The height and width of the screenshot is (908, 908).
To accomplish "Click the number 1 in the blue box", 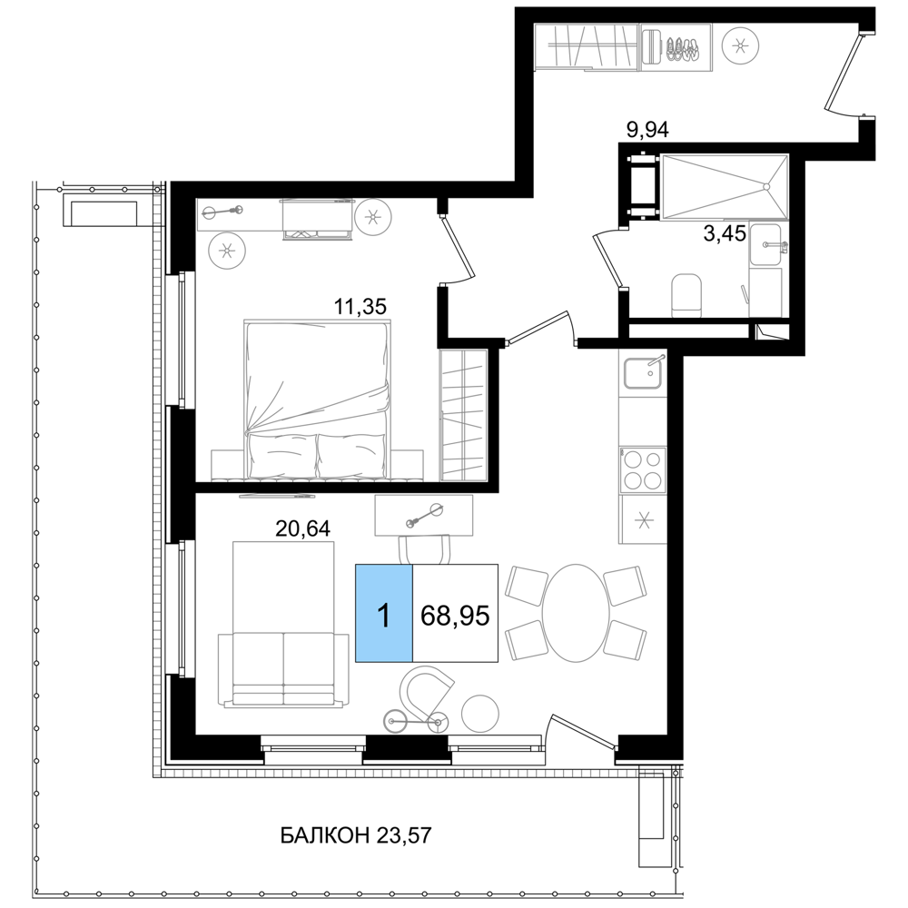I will pyautogui.click(x=383, y=616).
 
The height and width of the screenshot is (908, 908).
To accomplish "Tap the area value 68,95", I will pyautogui.click(x=455, y=616).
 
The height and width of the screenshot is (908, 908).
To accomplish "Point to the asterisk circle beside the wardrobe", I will pyautogui.click(x=740, y=46).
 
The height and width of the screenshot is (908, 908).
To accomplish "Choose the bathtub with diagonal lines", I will pyautogui.click(x=722, y=187).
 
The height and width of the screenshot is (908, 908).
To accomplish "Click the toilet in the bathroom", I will pyautogui.click(x=686, y=293).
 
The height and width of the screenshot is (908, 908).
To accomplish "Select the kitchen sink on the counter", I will pyautogui.click(x=642, y=372).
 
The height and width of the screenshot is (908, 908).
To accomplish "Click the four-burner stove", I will pyautogui.click(x=642, y=469).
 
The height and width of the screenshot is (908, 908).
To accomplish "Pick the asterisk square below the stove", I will pyautogui.click(x=643, y=520).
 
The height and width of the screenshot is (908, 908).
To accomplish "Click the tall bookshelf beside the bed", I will pyautogui.click(x=462, y=415).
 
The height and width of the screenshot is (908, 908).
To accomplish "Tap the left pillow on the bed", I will pyautogui.click(x=282, y=454).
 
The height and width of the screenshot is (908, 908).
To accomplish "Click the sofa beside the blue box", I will pyautogui.click(x=283, y=627).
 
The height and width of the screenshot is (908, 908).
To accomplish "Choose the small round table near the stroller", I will pyautogui.click(x=479, y=713).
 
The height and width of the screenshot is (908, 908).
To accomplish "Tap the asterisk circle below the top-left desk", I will pyautogui.click(x=227, y=251).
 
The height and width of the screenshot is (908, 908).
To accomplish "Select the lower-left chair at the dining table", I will pyautogui.click(x=524, y=641).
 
